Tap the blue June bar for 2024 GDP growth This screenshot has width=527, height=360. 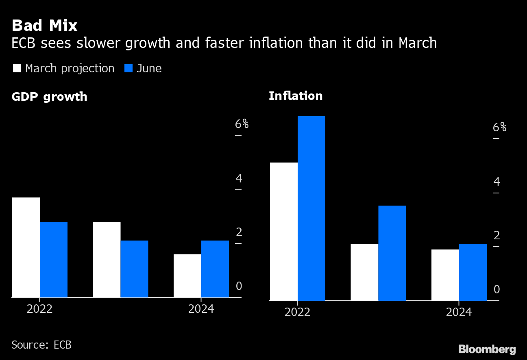215,269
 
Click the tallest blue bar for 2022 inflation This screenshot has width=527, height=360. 311,208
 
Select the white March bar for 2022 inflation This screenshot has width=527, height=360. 284,231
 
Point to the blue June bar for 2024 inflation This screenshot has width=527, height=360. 473,272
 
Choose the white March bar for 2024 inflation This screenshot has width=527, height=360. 445,275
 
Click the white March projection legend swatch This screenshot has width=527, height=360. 17,68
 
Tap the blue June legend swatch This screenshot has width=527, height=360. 128,68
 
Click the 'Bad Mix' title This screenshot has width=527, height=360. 44,26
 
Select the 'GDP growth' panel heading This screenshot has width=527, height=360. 49,97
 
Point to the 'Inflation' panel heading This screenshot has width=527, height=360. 296,96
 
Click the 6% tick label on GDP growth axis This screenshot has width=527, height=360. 242,124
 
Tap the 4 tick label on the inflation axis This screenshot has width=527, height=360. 497,182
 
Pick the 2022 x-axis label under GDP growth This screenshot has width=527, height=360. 39,309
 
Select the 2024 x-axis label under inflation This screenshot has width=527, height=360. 459,312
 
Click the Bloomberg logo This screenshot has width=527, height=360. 487,349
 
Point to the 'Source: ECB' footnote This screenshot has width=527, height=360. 41,345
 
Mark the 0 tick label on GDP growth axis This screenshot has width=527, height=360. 239,286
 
